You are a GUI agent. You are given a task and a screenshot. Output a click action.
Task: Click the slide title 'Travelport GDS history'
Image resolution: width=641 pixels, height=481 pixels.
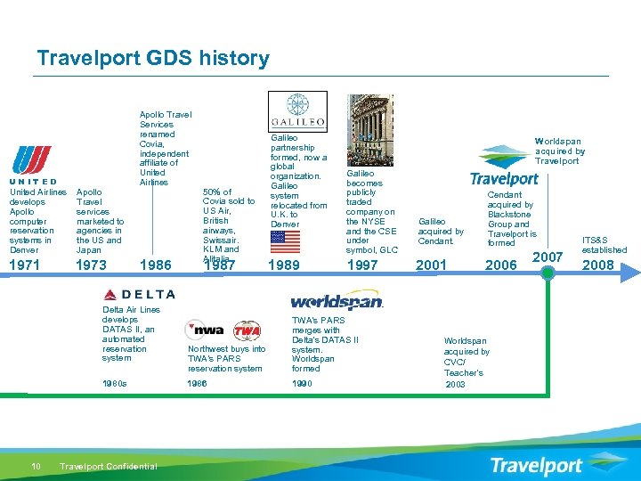[x=152, y=59]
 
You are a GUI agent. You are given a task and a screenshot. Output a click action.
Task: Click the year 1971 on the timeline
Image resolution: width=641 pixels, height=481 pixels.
[x=25, y=265]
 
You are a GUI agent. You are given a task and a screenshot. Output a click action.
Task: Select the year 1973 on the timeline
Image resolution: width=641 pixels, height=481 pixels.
[x=92, y=265]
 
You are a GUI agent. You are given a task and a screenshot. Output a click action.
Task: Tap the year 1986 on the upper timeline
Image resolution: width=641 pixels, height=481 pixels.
[x=157, y=265]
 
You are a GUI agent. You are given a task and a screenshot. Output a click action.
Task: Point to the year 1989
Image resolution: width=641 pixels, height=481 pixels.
[x=284, y=265]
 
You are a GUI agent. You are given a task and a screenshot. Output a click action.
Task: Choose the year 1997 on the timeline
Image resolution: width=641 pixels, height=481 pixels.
[x=362, y=265]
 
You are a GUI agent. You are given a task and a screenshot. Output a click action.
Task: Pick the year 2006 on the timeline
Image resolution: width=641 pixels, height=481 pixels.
[x=500, y=265]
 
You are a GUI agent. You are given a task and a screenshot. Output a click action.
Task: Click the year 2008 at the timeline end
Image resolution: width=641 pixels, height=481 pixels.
[x=597, y=265]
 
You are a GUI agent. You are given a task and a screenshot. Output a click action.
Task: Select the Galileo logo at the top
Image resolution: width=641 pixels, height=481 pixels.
[x=297, y=111]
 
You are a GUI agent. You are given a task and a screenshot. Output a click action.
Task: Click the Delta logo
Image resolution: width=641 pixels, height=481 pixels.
[x=139, y=294]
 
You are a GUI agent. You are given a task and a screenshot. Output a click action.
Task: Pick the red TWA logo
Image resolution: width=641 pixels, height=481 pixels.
[x=246, y=330]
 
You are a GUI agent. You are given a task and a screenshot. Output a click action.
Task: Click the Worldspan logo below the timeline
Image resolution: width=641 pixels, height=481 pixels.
[x=337, y=301]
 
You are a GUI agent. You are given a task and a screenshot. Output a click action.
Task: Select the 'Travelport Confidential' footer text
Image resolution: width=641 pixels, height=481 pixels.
[x=108, y=466]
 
